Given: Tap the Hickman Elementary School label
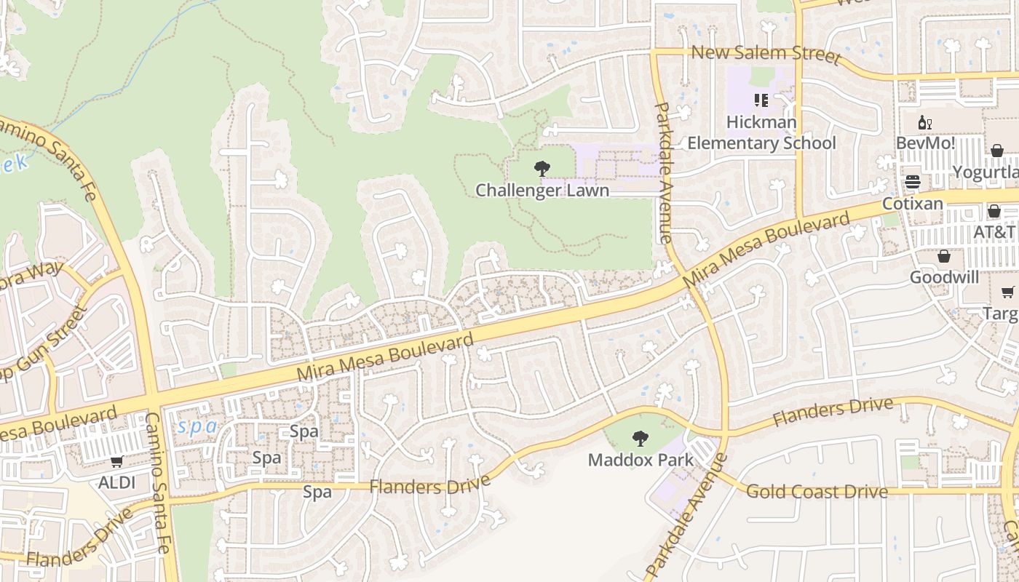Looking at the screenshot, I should (x=761, y=132).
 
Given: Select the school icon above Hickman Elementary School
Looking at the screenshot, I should (x=761, y=100).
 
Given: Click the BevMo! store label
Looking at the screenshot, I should (x=926, y=143).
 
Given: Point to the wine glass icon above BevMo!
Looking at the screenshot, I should (x=925, y=123).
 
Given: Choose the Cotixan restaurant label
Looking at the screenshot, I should (x=913, y=203).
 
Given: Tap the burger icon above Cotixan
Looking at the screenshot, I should (x=913, y=181).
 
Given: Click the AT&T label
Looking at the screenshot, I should (x=994, y=231).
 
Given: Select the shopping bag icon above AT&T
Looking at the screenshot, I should (x=994, y=211).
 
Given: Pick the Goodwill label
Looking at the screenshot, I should (x=944, y=277).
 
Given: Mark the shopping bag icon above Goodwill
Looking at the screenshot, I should (x=944, y=256).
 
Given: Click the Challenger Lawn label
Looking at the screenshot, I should (x=542, y=191).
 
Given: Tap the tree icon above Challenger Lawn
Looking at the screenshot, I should (x=542, y=169).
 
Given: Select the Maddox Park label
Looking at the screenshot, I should (x=641, y=460).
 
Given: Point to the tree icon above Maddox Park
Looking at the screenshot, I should (x=641, y=438).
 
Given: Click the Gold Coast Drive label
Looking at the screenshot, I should (x=817, y=492).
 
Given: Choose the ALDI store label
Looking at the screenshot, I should (x=117, y=482).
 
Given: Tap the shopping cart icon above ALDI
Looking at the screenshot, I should (x=117, y=461).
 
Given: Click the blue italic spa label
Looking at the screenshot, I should (x=198, y=426).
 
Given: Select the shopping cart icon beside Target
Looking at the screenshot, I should (x=1007, y=292).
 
